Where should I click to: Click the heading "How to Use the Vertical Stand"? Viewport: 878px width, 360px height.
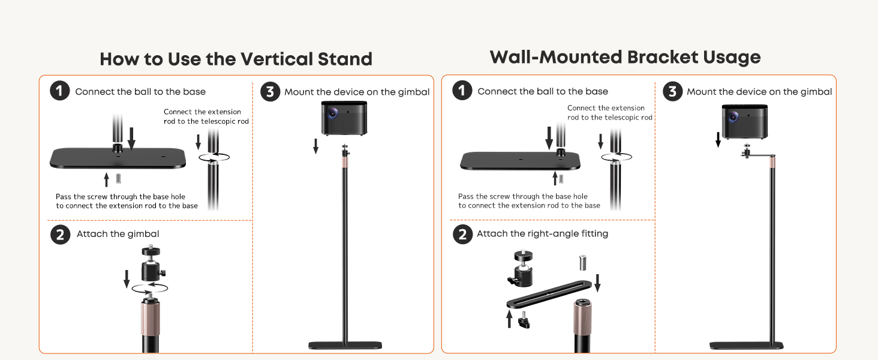(236, 59)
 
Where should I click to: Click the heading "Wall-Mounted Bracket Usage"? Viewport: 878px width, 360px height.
(625, 57)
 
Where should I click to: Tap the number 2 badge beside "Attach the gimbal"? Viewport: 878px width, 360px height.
(61, 235)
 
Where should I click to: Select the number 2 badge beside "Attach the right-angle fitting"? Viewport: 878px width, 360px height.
(463, 234)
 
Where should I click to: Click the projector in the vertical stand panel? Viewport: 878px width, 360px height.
(344, 118)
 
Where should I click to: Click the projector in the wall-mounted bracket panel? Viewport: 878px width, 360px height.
(745, 122)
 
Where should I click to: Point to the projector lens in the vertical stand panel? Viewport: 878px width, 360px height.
(333, 113)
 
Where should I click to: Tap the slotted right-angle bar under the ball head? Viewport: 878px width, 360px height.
(549, 294)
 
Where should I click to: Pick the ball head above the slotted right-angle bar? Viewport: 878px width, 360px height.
(522, 268)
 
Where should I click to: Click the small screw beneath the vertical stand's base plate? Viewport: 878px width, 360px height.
(118, 179)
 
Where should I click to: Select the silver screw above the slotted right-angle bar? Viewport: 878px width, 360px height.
(583, 263)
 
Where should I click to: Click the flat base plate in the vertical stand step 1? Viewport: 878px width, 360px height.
(118, 158)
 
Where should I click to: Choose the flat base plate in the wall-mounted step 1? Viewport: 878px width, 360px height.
(520, 161)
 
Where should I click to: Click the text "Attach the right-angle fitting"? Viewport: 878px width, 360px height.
(543, 234)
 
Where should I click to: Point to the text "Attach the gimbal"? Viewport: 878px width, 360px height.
(118, 234)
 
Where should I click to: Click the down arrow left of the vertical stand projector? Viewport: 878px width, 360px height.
(315, 146)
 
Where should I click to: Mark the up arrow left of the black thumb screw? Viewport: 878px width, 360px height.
(509, 319)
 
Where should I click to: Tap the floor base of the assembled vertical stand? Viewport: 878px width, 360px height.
(345, 345)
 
